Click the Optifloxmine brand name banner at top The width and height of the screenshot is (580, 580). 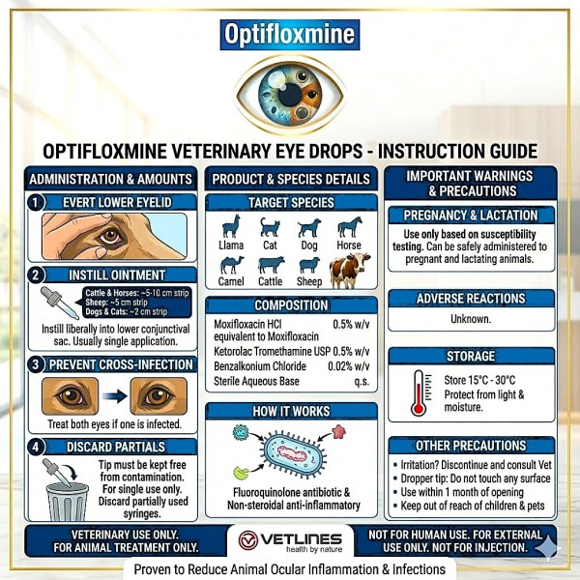(x=290, y=35)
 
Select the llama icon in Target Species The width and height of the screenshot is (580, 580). (x=230, y=228)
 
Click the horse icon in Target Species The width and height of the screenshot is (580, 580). (x=350, y=228)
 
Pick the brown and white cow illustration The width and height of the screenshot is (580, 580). (x=349, y=270)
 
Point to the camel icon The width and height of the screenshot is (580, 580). (x=230, y=265)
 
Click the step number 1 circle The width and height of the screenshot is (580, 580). (x=36, y=202)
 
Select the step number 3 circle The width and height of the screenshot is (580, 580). (x=36, y=364)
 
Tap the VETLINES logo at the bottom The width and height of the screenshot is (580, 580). (x=289, y=541)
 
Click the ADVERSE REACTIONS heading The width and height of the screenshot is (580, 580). (x=471, y=299)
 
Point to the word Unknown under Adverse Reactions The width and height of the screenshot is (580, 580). (x=471, y=319)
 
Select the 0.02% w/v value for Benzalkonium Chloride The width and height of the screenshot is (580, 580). (x=351, y=365)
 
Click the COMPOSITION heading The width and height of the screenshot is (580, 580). (x=290, y=305)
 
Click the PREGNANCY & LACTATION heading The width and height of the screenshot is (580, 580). (x=471, y=215)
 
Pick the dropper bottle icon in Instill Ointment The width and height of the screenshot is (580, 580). (x=58, y=303)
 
